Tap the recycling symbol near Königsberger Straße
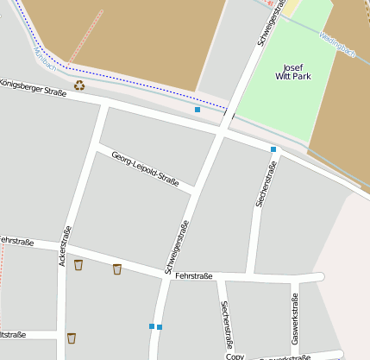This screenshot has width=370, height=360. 79,85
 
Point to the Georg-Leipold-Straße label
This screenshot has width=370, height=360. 145,167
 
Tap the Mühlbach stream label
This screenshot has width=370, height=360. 41,54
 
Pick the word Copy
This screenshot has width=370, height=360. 235,356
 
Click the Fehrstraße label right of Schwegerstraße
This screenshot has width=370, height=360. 193,275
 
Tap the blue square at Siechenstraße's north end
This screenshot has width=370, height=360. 273,149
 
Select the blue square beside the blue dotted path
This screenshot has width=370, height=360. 198,110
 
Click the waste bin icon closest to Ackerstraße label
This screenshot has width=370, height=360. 78,265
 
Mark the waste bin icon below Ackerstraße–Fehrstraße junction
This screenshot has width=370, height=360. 72,338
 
